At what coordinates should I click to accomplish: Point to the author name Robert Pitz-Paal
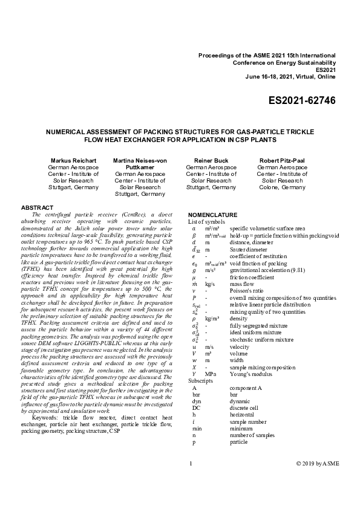pyautogui.click(x=282, y=160)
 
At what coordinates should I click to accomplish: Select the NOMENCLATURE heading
pyautogui.click(x=213, y=215)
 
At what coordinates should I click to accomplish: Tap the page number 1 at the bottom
pyautogui.click(x=191, y=481)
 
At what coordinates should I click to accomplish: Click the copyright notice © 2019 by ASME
pyautogui.click(x=318, y=481)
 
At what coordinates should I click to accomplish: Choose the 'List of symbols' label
pyautogui.click(x=205, y=222)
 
